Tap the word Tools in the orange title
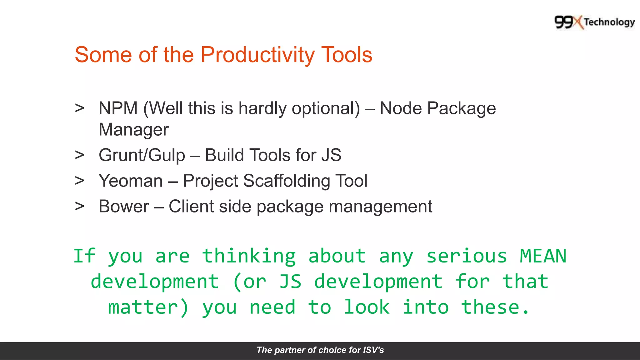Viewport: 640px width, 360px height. [347, 55]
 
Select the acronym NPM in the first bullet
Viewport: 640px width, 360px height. [118, 108]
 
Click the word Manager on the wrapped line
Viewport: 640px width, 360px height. [133, 130]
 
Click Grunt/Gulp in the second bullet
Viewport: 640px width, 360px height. [142, 155]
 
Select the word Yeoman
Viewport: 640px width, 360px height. [131, 181]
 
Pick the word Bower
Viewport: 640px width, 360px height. [124, 207]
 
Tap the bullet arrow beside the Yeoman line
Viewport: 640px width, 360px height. [80, 181]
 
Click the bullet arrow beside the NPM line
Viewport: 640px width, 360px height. [80, 108]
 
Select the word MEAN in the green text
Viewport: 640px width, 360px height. [543, 256]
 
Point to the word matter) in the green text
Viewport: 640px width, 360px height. [148, 307]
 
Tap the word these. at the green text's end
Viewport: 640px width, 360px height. [496, 307]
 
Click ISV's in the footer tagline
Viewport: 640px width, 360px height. [373, 350]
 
